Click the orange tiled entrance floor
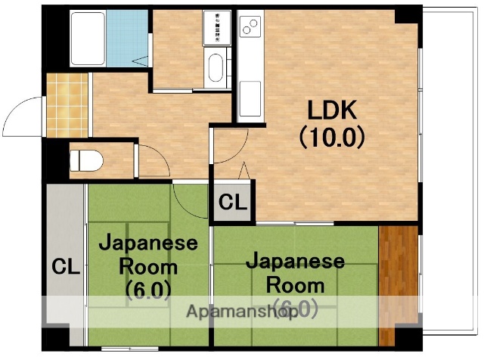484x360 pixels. [67, 105]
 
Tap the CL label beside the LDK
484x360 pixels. [232, 203]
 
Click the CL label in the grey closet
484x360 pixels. [66, 267]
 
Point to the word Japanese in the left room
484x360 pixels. [148, 244]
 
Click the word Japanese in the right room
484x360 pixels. [296, 262]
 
